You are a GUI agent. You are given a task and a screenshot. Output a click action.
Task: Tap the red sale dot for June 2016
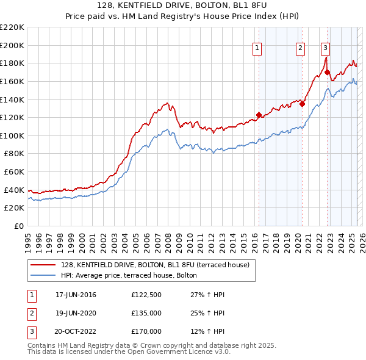tap(259, 115)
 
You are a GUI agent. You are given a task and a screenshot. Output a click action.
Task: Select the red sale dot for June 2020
tap(302, 104)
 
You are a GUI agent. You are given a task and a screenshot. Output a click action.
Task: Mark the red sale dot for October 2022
tap(327, 72)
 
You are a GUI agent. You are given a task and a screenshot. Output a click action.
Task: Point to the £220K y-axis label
tap(12, 27)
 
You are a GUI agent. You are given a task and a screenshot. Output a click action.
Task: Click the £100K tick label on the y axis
tap(12, 135)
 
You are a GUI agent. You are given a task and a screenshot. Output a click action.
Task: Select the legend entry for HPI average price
tap(128, 276)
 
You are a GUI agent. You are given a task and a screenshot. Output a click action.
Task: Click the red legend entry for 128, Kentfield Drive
tap(156, 265)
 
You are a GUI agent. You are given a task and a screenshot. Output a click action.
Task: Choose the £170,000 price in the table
tap(146, 331)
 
